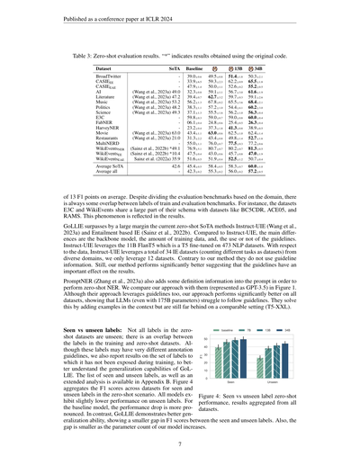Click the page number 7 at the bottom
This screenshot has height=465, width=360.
(x=180, y=443)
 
